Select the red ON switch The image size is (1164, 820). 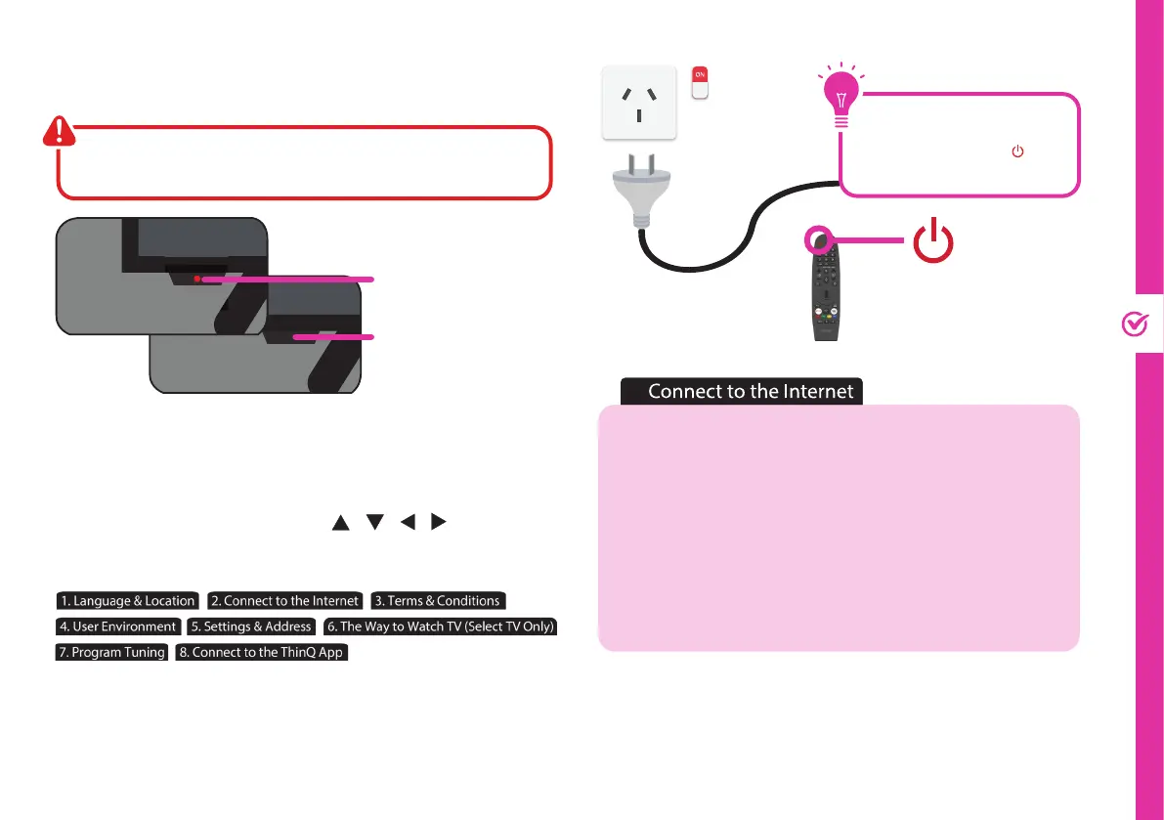point(699,82)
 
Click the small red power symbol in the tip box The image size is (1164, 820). point(1017,152)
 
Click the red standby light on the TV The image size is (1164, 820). point(196,279)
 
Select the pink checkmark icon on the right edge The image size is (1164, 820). point(1135,325)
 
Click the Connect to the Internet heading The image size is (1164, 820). point(751,392)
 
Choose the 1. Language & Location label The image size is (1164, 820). point(127,601)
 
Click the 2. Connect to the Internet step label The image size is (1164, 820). point(285,601)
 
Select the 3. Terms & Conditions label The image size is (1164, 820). point(438,601)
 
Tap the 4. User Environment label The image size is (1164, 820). point(118,626)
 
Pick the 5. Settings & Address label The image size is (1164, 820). point(252,626)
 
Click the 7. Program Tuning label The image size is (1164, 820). point(111,652)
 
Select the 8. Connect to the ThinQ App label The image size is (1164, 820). point(261,652)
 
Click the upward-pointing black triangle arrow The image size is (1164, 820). point(340,524)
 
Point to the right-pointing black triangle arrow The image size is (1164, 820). point(439,524)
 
